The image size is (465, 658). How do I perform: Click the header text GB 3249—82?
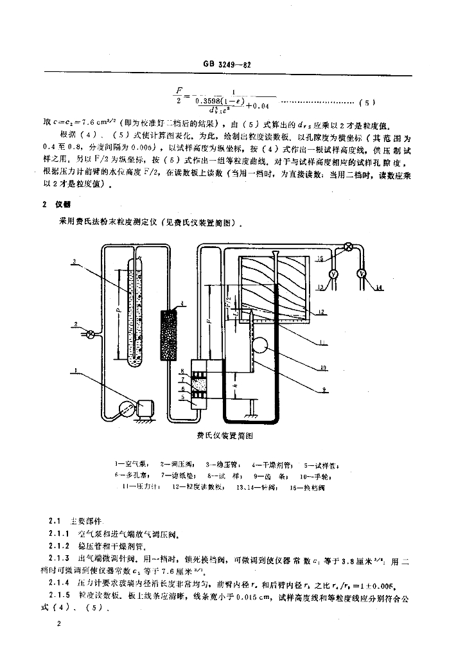coord(232,64)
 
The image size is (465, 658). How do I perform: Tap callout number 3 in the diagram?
coord(75,261)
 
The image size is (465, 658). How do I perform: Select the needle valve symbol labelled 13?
coord(333,274)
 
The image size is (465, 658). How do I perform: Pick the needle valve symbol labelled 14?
coord(362,274)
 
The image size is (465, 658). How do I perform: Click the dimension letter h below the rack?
coord(235,386)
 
